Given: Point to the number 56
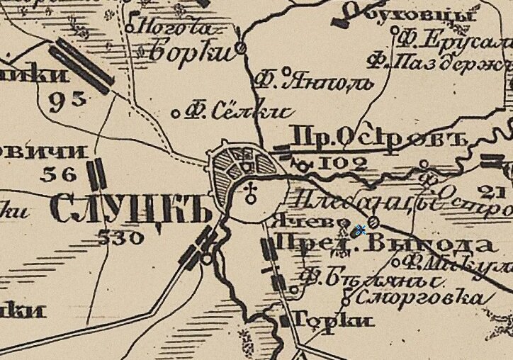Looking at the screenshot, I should point(57,174).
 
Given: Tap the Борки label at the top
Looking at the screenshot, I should point(192,51).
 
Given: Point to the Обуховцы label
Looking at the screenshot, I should point(421,15).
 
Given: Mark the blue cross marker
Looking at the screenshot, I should point(360,230).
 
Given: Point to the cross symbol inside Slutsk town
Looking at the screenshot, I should point(249,193).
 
